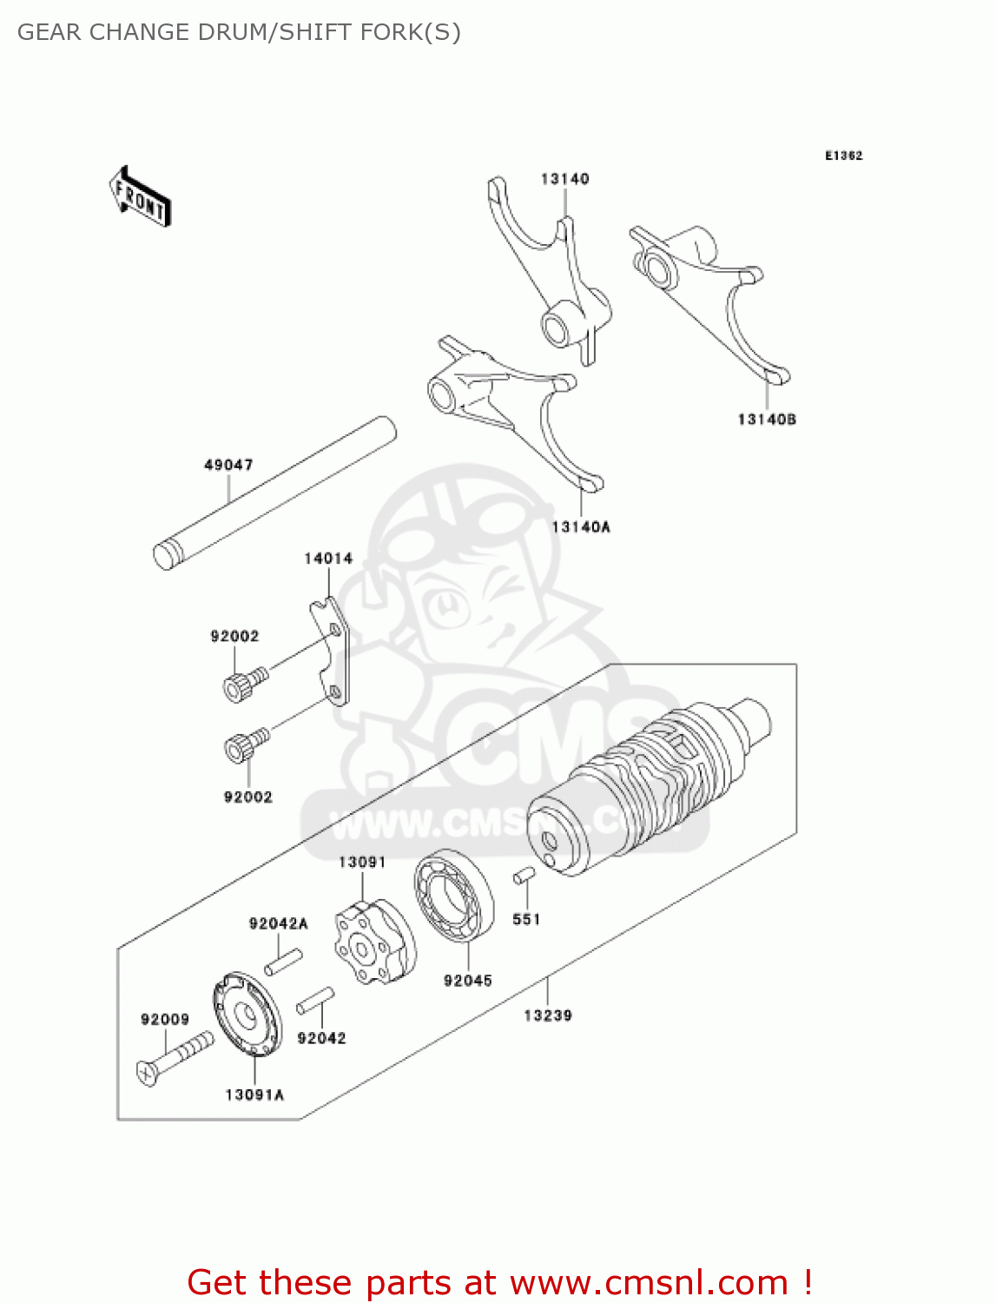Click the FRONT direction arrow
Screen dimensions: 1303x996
tap(140, 196)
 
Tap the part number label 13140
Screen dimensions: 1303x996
tap(564, 179)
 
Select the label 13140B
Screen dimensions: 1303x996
tap(767, 420)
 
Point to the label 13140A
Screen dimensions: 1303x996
tap(581, 526)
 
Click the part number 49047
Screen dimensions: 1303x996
tap(228, 465)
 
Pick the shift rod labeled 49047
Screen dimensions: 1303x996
tap(274, 493)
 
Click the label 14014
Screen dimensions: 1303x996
tap(328, 559)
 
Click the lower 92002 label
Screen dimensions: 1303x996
tap(248, 797)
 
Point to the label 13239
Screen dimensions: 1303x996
tap(548, 1015)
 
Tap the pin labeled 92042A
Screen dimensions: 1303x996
tap(283, 962)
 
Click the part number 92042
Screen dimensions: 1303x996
tap(321, 1038)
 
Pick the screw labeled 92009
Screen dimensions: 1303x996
tap(175, 1057)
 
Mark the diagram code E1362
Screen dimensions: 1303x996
tap(843, 155)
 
